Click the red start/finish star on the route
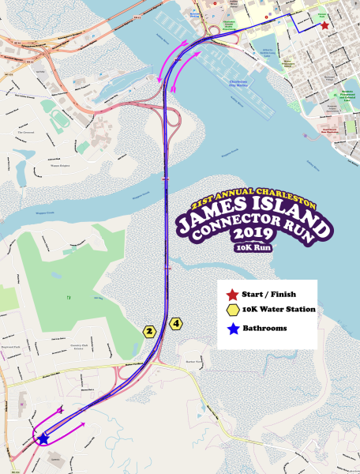tap(324, 25)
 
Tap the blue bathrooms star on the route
tap(43, 437)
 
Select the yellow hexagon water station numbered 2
tap(148, 331)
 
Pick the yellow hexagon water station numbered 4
tap(175, 323)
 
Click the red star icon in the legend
tap(232, 294)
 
